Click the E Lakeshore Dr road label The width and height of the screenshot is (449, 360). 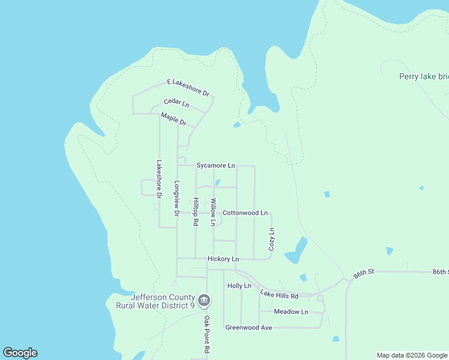tap(187, 88)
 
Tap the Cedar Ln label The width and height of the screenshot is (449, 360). tap(176, 103)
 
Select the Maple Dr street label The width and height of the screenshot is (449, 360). tap(173, 119)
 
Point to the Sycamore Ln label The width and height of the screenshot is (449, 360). tap(215, 165)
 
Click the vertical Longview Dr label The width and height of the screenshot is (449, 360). tap(176, 199)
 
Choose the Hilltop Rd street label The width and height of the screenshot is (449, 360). tap(195, 212)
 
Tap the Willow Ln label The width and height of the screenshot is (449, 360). tap(212, 212)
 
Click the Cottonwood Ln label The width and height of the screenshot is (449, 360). tap(245, 213)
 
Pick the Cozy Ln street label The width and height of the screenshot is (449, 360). tap(271, 239)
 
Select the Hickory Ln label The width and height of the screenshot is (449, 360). tap(223, 259)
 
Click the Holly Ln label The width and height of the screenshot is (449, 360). tap(239, 286)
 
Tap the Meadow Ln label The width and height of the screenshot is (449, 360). tap(291, 312)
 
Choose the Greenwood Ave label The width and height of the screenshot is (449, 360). tap(249, 328)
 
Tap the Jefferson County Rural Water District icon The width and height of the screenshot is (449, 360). tap(204, 299)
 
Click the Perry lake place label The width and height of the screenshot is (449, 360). tap(424, 76)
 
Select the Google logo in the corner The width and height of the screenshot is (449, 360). tap(20, 353)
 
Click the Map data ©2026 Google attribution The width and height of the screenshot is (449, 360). tap(412, 355)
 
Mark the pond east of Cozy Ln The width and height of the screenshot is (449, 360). tap(296, 251)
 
